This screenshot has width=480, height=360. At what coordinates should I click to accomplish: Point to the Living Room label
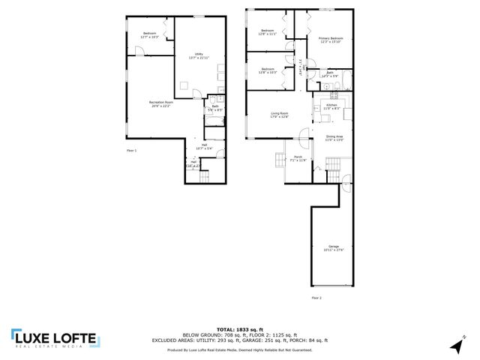(x=280, y=114)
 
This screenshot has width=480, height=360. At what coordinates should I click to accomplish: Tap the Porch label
(x=298, y=157)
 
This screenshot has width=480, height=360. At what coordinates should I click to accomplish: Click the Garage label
(x=333, y=247)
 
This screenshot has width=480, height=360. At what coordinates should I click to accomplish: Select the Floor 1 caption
(x=131, y=151)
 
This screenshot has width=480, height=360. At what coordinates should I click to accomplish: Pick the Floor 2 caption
(x=316, y=298)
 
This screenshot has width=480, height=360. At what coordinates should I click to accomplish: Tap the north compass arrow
(x=456, y=344)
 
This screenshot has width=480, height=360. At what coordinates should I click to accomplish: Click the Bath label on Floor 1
(x=214, y=107)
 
